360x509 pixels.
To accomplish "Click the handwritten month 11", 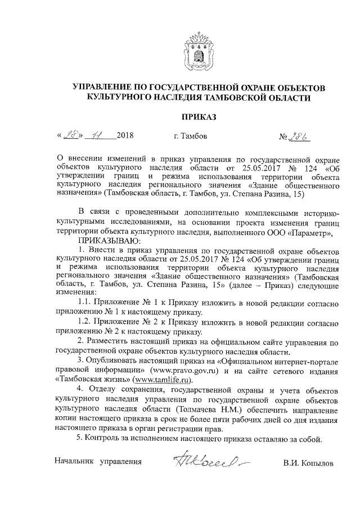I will click(x=99, y=136).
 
